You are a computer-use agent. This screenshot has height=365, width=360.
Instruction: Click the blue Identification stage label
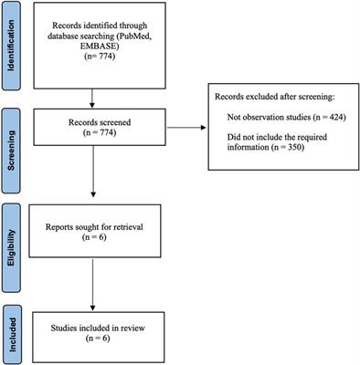coord(14,47)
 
